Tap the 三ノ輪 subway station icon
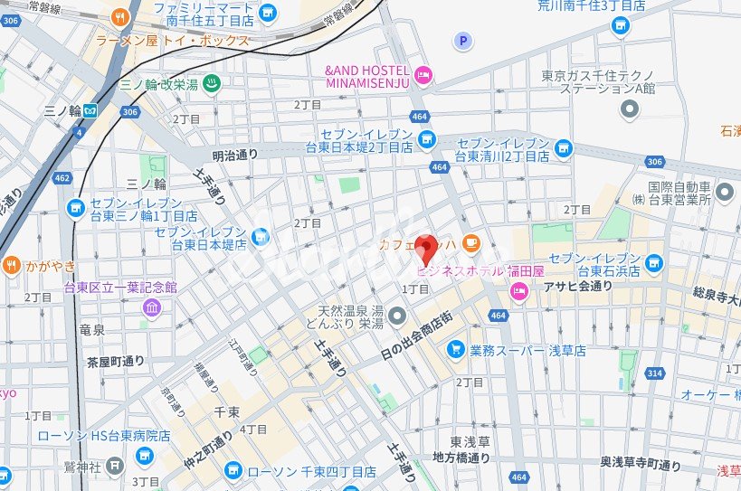[x=90, y=110]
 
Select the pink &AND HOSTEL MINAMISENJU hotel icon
[x=423, y=73]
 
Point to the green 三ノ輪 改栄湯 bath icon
[x=210, y=83]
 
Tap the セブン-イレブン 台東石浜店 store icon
[x=653, y=263]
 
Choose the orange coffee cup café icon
[x=471, y=242]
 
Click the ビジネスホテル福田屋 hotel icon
[x=519, y=290]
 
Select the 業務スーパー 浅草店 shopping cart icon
[x=456, y=349]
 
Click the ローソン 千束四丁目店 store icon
[x=233, y=471]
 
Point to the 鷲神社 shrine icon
[x=114, y=465]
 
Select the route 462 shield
[x=62, y=178]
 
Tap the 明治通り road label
[x=235, y=155]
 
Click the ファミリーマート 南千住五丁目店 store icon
[x=268, y=13]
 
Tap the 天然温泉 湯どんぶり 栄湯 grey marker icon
[x=397, y=315]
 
